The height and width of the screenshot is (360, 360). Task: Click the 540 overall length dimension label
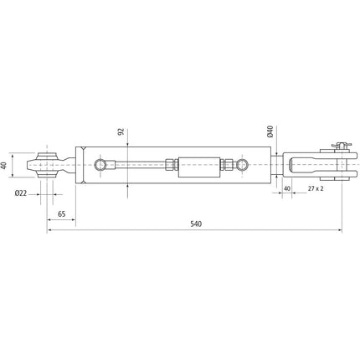196,224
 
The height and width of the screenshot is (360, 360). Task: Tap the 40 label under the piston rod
286,189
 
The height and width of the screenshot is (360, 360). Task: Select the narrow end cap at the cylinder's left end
80,166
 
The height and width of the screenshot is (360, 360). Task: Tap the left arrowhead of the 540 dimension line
49,232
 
